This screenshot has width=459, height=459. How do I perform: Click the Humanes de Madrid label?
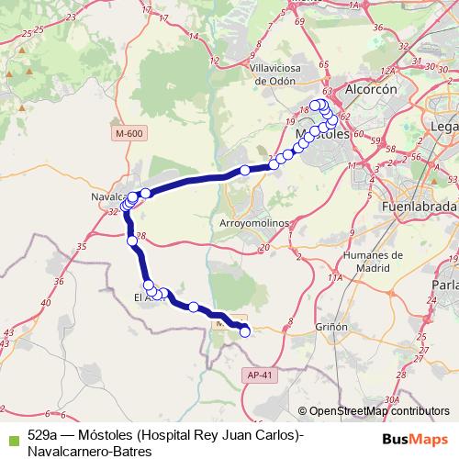tap(372, 261)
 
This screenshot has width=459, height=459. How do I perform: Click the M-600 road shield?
tap(130, 134)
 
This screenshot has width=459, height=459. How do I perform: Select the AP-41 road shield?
tap(262, 375)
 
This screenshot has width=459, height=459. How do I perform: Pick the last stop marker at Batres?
tap(245, 333)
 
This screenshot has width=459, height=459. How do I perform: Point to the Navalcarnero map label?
tap(108, 197)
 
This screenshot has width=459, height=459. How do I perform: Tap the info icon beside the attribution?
tap(303, 412)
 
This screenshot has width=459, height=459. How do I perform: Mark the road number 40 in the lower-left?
tap(47, 303)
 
